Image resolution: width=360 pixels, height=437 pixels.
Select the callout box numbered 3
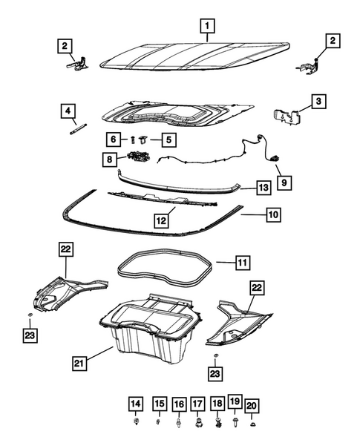click(x=318, y=102)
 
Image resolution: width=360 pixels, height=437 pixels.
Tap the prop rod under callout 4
click(x=76, y=129)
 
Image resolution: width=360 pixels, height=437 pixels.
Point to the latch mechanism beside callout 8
click(x=139, y=157)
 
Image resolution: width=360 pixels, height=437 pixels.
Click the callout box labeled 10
click(x=272, y=215)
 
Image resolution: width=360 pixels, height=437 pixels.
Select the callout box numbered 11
click(x=243, y=262)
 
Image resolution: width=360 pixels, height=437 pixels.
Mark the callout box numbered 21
click(x=80, y=363)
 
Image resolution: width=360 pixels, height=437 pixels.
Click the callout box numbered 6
click(x=113, y=139)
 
